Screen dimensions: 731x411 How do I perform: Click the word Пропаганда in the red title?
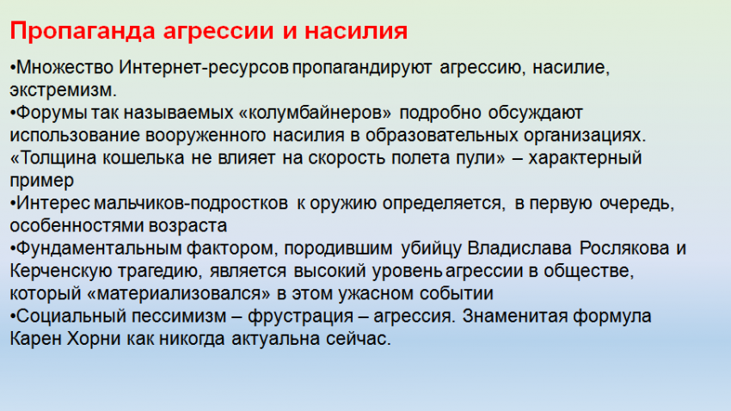point(83,32)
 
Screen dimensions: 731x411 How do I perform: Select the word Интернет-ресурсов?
point(204,67)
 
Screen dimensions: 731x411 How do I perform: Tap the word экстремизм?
point(63,90)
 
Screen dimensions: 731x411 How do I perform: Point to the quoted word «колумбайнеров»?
point(315,113)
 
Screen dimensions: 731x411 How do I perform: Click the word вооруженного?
point(206,136)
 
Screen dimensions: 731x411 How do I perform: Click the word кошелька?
point(144,158)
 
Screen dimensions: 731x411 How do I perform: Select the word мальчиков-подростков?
point(191,203)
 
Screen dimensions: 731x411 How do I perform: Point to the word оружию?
point(343,204)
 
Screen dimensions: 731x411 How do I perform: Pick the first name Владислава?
point(519,248)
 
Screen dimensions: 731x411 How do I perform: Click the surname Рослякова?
point(624,248)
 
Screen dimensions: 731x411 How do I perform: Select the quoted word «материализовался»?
point(179,293)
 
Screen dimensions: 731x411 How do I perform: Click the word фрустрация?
point(300,316)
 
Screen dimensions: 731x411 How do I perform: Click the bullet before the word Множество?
point(13,68)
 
